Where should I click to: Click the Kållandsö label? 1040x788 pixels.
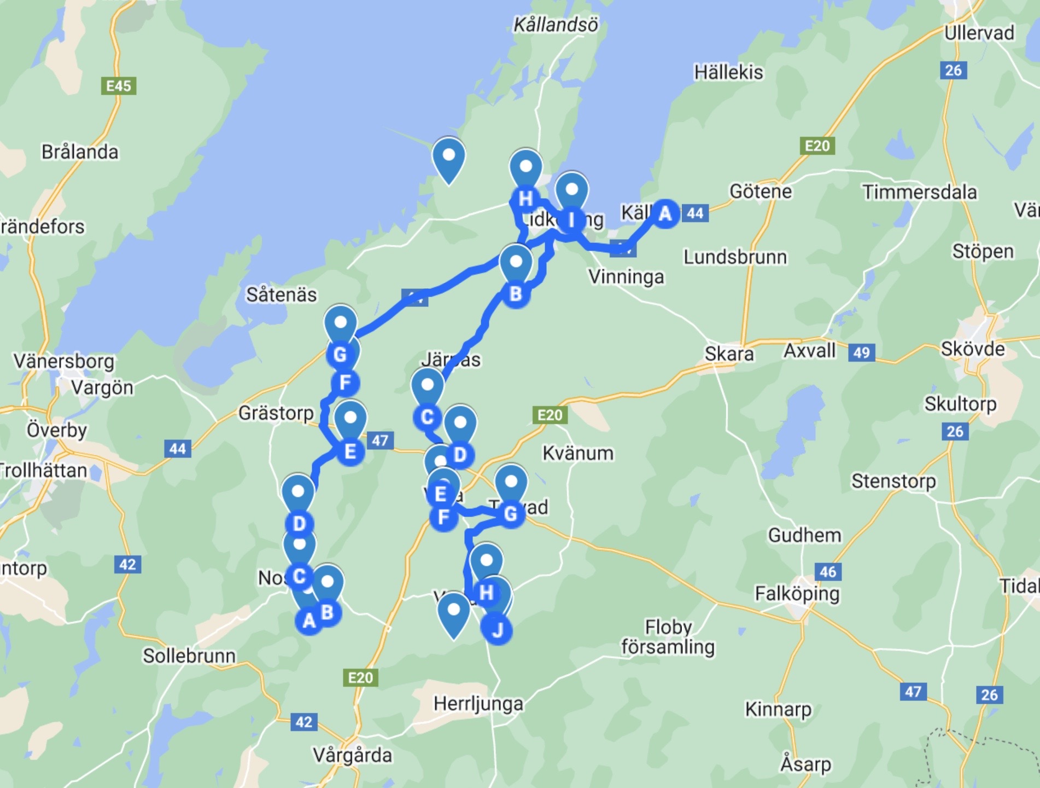[x=556, y=25]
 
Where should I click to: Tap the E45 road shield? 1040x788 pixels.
[x=119, y=86]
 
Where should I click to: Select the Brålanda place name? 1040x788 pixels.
[x=80, y=152]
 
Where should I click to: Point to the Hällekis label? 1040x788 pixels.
[x=728, y=72]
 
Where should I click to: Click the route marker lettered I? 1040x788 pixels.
[x=571, y=220]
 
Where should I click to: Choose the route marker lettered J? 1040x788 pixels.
[x=497, y=630]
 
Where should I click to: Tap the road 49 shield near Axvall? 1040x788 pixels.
[x=861, y=352]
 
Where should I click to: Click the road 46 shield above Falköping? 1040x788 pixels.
[x=828, y=572]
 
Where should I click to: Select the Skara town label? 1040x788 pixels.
[x=729, y=354]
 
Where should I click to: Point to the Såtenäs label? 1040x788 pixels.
[x=281, y=295]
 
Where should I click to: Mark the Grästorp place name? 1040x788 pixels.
[x=276, y=413]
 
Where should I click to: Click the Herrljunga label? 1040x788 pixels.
[x=478, y=704]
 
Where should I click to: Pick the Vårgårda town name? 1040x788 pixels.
[x=353, y=756]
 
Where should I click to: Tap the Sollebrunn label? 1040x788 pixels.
[x=189, y=656]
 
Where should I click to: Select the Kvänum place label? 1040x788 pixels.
[x=578, y=453]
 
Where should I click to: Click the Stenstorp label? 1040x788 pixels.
[x=893, y=481]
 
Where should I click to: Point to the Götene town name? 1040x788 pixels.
[x=761, y=192]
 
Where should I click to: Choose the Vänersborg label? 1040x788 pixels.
[x=64, y=361]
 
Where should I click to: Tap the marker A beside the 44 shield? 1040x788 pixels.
[x=665, y=213]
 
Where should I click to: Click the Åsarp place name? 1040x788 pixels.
[x=805, y=764]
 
